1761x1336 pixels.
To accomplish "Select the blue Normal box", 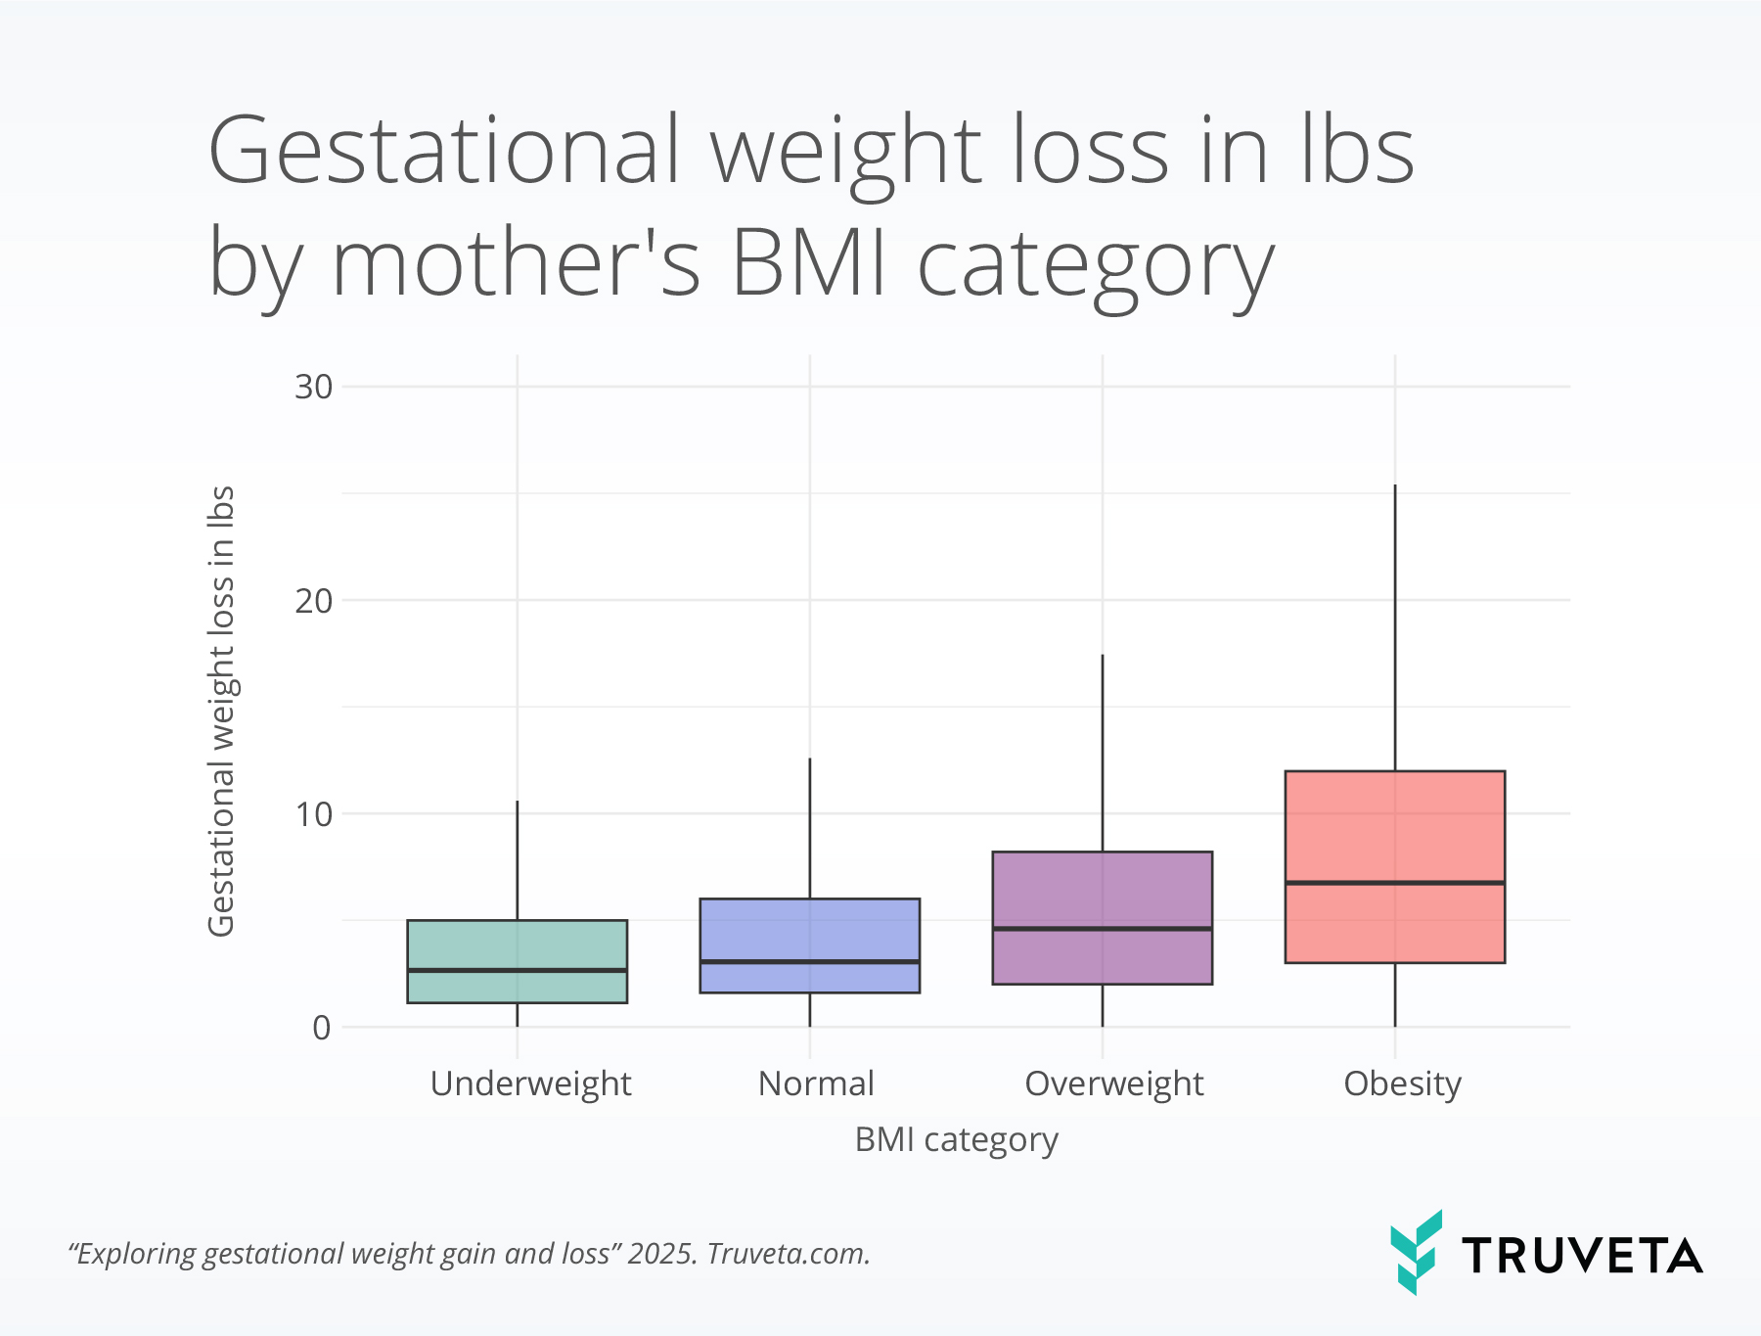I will click(x=809, y=930).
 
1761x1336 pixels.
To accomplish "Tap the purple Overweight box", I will click(x=1102, y=891).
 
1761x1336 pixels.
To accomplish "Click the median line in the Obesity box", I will click(x=1394, y=883).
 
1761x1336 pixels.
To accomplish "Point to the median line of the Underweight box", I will click(x=517, y=970).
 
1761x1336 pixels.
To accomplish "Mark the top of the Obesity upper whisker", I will click(x=1395, y=486).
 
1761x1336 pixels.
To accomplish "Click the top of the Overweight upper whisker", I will click(x=1103, y=656).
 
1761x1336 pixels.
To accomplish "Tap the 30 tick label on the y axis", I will click(x=313, y=387).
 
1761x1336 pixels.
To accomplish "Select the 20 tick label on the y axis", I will click(x=313, y=600).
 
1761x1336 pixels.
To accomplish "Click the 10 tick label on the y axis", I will click(x=313, y=813).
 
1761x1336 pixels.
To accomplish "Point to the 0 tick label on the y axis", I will click(x=322, y=1027).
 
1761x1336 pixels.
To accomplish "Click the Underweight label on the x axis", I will click(x=530, y=1083).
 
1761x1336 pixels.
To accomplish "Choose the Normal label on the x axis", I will click(x=816, y=1083).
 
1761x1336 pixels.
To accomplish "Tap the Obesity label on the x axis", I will click(x=1402, y=1083).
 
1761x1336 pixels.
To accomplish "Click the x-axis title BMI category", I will click(x=956, y=1140).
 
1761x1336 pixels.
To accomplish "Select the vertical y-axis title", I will click(x=222, y=711).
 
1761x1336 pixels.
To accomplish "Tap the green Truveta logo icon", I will click(x=1416, y=1252).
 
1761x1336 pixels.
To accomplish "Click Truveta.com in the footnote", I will click(x=788, y=1254).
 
